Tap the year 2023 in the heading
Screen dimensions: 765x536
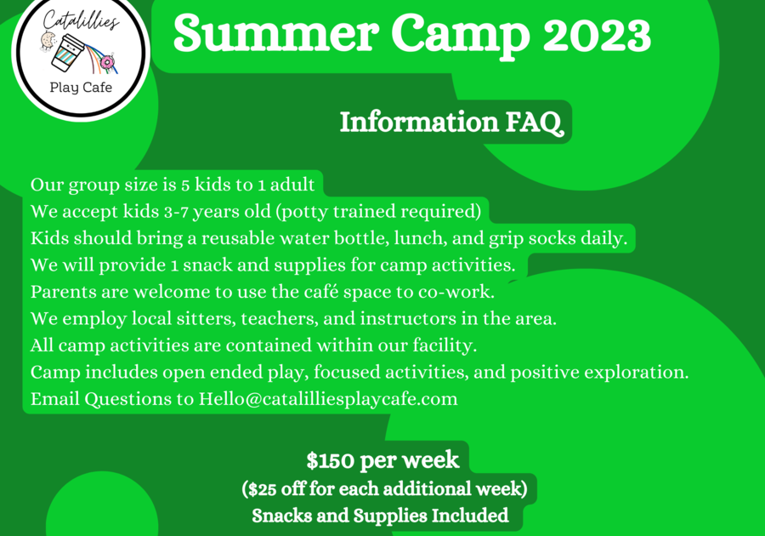point(597,34)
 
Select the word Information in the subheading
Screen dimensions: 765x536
point(419,121)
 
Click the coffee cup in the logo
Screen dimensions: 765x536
point(68,51)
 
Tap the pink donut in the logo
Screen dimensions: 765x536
point(106,62)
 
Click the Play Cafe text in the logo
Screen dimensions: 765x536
point(81,88)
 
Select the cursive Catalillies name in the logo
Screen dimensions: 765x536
point(81,21)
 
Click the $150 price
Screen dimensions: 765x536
point(331,460)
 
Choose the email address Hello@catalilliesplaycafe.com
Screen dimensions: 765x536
point(328,399)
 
